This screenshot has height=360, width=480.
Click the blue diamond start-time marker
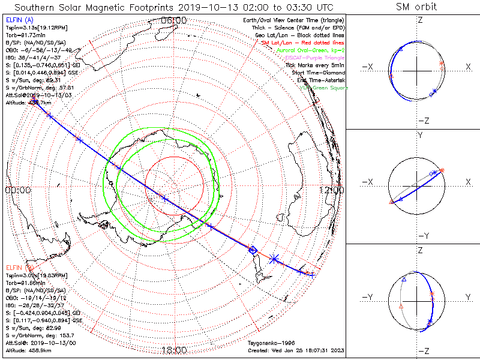pos(253,250)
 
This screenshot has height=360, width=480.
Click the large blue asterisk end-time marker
pos(274,259)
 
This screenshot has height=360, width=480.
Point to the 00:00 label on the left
pos(17,190)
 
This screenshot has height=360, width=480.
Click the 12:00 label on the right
pos(331,190)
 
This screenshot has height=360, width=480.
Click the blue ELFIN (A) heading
pos(19,20)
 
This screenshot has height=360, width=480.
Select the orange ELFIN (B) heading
pos(19,267)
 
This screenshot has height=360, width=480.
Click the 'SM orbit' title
pos(416,7)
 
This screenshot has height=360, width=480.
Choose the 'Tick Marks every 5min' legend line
pos(314,65)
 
